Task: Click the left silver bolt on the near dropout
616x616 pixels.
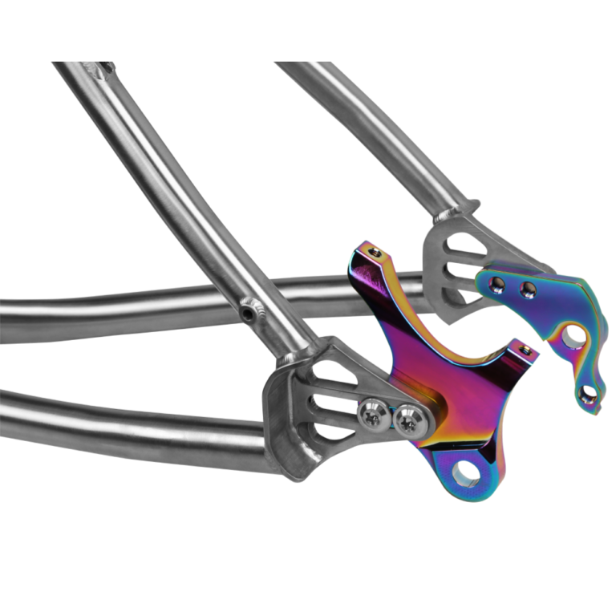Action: [370, 415]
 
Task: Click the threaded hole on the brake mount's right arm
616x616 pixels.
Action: [525, 350]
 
